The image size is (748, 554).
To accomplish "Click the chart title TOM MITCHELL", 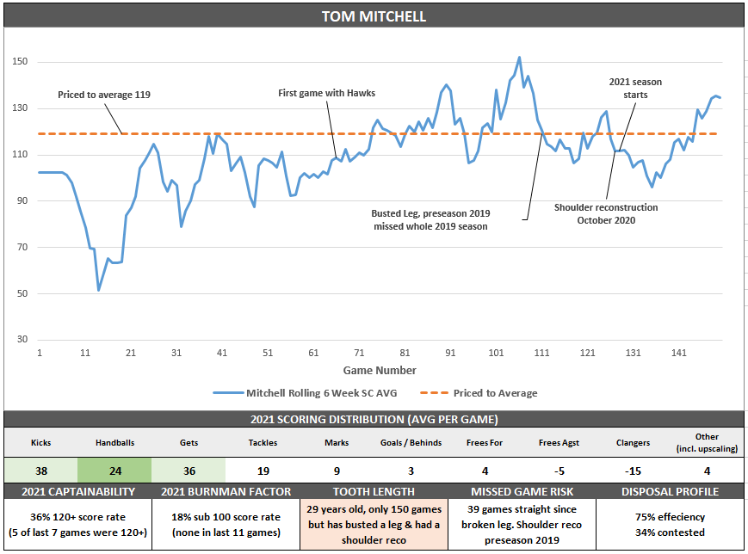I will click(374, 16).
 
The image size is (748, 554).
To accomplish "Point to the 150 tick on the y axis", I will click(20, 62).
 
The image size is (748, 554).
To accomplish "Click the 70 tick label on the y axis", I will click(20, 247).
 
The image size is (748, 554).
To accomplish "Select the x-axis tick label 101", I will click(496, 353).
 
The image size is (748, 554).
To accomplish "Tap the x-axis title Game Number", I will click(380, 370).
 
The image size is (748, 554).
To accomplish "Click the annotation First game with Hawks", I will click(326, 93).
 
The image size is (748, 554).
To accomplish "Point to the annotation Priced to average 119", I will click(104, 95).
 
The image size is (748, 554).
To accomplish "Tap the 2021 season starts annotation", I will click(635, 88).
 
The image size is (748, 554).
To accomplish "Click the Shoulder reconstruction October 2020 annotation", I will click(606, 213).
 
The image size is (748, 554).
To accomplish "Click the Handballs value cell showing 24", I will click(114, 471).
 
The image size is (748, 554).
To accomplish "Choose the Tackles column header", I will click(263, 442).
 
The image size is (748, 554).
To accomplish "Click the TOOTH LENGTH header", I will click(374, 491).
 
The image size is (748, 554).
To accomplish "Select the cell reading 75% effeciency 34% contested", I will click(671, 524).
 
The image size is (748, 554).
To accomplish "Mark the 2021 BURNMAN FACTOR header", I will click(226, 491).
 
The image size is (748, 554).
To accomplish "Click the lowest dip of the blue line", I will click(99, 290).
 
